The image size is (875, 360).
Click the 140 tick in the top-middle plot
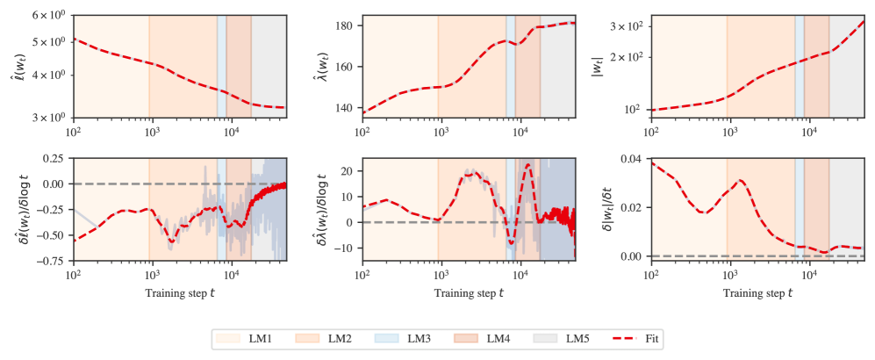tap(342, 108)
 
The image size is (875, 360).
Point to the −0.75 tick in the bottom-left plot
tap(49, 261)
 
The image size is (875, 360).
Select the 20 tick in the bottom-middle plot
tap(345, 171)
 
